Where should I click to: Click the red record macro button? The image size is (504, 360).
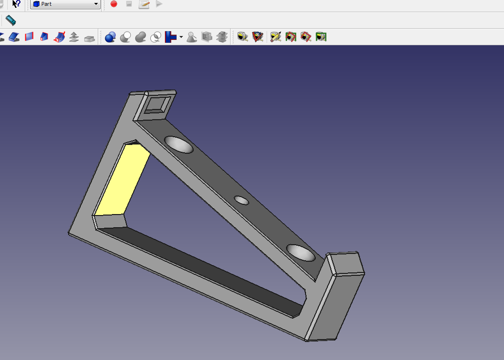pos(114,4)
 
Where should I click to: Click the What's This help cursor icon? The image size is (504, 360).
pos(16,4)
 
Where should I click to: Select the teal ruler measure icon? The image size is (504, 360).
pos(11,20)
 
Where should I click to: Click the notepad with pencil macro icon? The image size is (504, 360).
pos(144,4)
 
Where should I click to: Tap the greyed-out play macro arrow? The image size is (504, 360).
pos(159,4)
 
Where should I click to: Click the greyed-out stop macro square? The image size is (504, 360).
pos(129,4)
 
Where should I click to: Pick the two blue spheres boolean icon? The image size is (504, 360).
pos(110,37)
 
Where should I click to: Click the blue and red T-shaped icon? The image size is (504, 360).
pos(171,37)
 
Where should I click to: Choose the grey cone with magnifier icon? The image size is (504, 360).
pos(192,37)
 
